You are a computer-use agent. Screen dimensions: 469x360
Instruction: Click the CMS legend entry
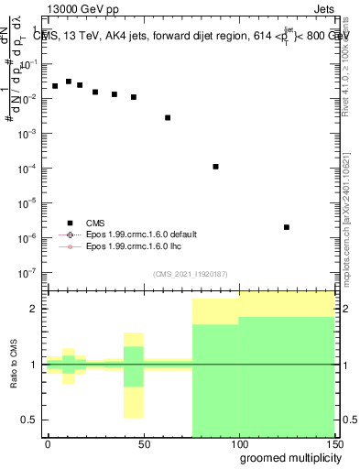(x=95, y=223)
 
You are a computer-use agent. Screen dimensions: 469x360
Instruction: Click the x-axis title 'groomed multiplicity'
(x=286, y=457)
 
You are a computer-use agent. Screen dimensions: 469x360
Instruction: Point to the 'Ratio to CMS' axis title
(x=14, y=364)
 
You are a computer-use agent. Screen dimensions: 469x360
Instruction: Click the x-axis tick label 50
(x=143, y=443)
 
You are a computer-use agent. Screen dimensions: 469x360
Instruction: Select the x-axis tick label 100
(x=238, y=443)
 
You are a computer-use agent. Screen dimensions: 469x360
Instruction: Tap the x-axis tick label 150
(x=333, y=443)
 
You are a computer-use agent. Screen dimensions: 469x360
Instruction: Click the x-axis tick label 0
(x=48, y=443)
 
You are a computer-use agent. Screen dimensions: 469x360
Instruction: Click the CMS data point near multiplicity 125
(x=287, y=227)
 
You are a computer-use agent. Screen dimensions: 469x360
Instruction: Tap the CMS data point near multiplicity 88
(x=215, y=167)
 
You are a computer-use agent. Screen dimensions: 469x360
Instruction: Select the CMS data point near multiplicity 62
(x=168, y=117)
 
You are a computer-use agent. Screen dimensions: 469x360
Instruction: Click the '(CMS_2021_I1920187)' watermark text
(x=191, y=273)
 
